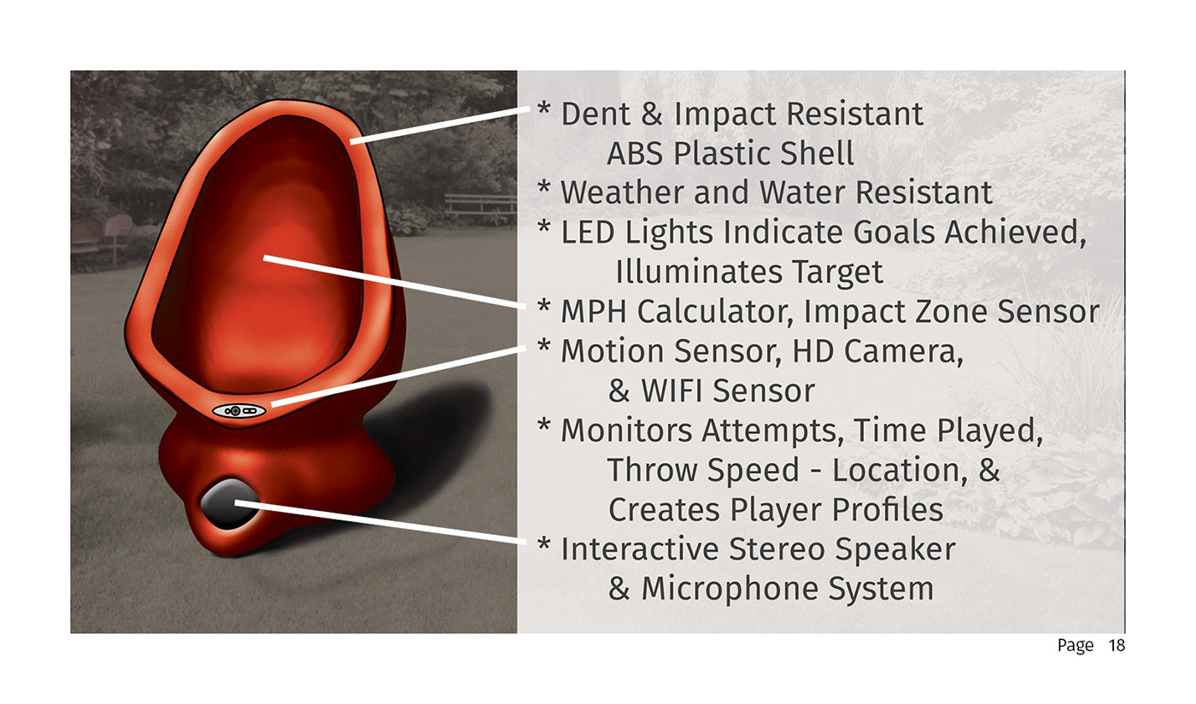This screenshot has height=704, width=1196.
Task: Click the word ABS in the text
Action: pos(636,153)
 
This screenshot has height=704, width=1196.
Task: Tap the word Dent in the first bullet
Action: pos(595,114)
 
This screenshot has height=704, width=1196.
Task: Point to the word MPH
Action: pos(593,311)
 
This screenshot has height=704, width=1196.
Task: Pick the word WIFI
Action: pos(671,390)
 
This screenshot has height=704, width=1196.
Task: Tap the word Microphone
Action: pos(730,589)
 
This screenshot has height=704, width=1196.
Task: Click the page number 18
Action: pos(1117,645)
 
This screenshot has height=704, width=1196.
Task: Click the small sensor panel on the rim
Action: pos(238,411)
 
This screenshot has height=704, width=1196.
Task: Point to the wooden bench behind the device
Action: pos(480,206)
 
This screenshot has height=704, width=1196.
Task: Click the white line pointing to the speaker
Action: pos(381,522)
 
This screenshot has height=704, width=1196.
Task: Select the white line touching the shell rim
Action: pos(439,126)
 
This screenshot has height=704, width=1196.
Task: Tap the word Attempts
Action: pos(772,431)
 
